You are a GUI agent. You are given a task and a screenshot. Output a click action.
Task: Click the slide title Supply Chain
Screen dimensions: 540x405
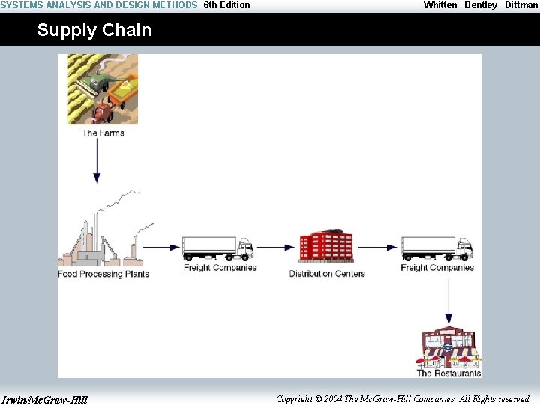coord(94,31)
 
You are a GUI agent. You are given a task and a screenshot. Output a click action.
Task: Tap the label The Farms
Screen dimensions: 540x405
coord(103,133)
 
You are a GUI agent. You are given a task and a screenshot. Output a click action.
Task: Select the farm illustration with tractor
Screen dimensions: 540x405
coord(102,89)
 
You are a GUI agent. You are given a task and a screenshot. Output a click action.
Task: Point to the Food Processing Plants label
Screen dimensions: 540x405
coord(103,274)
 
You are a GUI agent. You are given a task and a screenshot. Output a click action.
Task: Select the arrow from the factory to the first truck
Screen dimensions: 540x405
coord(161,247)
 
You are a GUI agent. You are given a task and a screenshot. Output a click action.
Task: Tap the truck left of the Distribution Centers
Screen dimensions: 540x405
coord(217,248)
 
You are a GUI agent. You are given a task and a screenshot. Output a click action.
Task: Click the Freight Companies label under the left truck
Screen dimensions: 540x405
coord(220,268)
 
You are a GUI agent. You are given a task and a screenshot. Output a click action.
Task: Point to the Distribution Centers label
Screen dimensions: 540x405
coord(327,274)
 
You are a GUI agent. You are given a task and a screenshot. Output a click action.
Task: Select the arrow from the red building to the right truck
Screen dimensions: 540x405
coord(378,247)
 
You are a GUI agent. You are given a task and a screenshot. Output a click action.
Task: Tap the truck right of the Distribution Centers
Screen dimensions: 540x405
coord(436,248)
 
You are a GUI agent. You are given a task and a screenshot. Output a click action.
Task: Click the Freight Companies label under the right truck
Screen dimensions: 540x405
coord(437,268)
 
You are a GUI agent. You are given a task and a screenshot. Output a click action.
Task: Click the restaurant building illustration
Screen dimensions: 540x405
coord(448,346)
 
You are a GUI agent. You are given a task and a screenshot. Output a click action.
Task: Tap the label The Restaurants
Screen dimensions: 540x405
coord(448,373)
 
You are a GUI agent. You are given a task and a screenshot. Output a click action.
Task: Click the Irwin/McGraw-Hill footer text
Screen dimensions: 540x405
coord(44,399)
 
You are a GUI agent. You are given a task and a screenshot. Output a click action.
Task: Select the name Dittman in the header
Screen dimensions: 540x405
coord(520,5)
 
